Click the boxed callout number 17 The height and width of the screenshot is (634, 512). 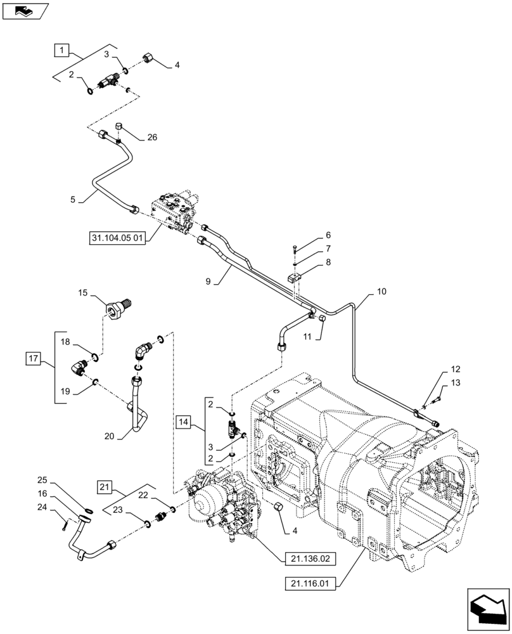[x=34, y=359]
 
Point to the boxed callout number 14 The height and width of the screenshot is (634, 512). [x=184, y=420]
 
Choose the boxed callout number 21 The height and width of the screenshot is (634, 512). [x=105, y=487]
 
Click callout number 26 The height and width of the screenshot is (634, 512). [x=151, y=138]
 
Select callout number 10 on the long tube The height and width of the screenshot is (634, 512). [x=381, y=292]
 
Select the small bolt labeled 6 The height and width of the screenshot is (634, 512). [x=296, y=248]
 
